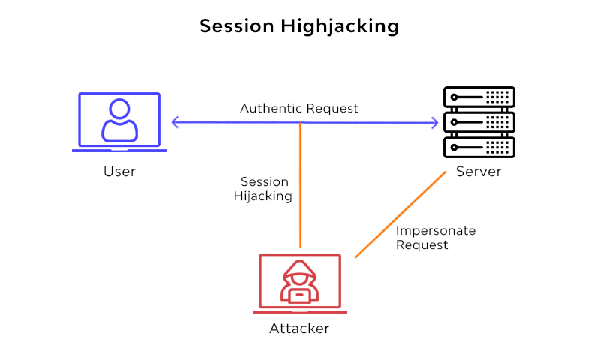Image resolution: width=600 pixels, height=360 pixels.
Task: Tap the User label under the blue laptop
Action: [x=119, y=172]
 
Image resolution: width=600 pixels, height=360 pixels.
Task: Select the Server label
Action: [x=478, y=172]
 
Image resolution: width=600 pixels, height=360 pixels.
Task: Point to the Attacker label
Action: [x=299, y=328]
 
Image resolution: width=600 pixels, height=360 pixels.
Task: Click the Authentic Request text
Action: [x=299, y=109]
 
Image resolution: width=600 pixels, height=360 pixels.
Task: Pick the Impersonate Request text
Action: [x=436, y=238]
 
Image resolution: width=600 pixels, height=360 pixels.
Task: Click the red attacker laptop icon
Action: [x=299, y=283]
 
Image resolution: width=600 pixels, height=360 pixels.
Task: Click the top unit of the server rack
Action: [x=478, y=97]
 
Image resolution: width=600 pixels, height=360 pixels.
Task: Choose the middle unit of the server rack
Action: [x=478, y=121]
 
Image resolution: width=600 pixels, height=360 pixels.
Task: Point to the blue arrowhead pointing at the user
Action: [x=175, y=122]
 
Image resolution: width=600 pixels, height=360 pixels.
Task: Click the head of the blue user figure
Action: [x=119, y=109]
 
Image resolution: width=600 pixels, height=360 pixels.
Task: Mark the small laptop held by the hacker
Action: [x=299, y=295]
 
